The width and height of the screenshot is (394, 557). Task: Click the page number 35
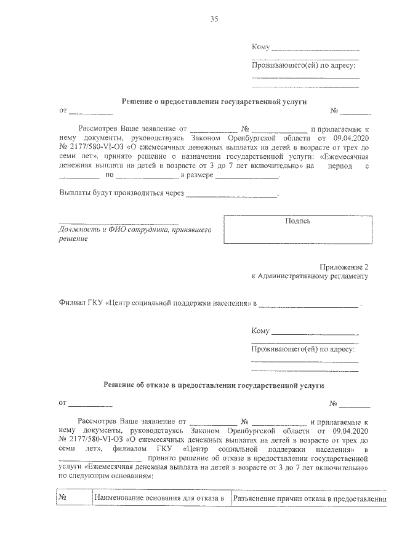pyautogui.click(x=214, y=19)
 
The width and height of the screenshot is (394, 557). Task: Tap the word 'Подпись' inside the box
pyautogui.click(x=298, y=221)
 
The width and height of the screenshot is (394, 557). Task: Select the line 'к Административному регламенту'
pyautogui.click(x=310, y=276)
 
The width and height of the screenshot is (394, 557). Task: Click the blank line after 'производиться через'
pyautogui.click(x=231, y=195)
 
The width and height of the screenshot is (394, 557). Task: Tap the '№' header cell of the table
pyautogui.click(x=63, y=498)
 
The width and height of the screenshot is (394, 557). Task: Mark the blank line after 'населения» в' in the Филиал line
pyautogui.click(x=308, y=305)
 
